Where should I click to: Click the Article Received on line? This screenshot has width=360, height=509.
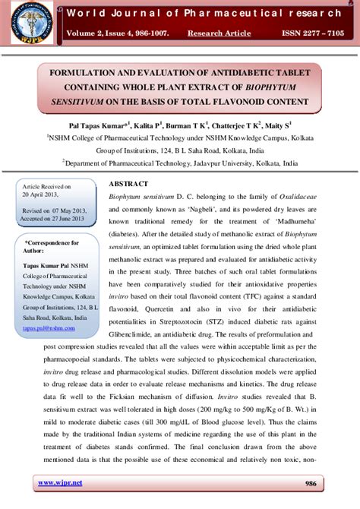pyautogui.click(x=46, y=186)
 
